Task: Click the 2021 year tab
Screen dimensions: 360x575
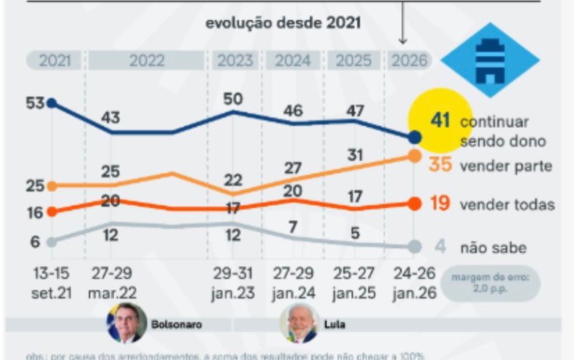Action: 55,61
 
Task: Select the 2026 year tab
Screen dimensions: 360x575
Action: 409,61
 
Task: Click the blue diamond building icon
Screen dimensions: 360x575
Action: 489,60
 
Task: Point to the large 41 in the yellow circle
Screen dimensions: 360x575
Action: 441,119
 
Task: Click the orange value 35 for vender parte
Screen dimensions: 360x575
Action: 441,165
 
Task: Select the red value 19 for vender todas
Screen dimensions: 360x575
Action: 441,204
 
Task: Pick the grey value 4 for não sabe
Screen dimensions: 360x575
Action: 440,247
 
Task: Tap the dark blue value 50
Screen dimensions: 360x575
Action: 233,98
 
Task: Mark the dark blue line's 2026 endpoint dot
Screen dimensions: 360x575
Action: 414,137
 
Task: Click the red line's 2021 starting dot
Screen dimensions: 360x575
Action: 51,212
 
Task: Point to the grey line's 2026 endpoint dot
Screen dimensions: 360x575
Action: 414,247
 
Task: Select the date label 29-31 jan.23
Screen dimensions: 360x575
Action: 233,283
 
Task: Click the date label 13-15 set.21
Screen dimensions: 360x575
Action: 52,283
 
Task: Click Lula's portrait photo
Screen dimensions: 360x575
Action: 299,324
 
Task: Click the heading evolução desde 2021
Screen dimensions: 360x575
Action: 283,23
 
